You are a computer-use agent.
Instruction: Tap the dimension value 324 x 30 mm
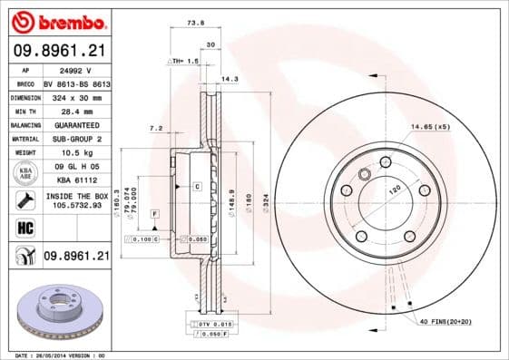coord(74,95)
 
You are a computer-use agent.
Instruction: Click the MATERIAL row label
coord(24,139)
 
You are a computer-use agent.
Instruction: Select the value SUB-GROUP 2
coord(74,139)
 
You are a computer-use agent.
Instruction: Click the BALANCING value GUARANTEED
coord(74,124)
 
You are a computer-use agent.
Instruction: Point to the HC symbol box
coord(24,227)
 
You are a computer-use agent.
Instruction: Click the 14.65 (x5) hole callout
coord(429,126)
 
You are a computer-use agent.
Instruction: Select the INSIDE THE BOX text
coord(74,196)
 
